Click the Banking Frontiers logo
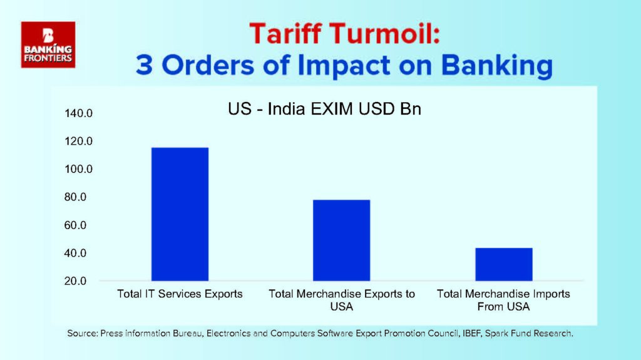[48, 44]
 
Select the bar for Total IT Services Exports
[180, 214]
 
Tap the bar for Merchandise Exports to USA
[341, 240]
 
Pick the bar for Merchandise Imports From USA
[504, 264]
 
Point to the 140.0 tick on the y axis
[78, 113]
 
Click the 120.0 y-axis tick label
[78, 141]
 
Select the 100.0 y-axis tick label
[78, 169]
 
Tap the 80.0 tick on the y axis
[75, 197]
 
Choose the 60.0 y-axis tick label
[75, 225]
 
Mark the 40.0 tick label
[75, 253]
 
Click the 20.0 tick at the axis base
[75, 281]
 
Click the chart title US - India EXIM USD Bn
[325, 109]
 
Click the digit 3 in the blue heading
[145, 65]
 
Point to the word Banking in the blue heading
[497, 66]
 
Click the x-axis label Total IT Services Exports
[180, 294]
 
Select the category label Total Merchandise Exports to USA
[342, 300]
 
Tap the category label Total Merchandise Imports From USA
[504, 300]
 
